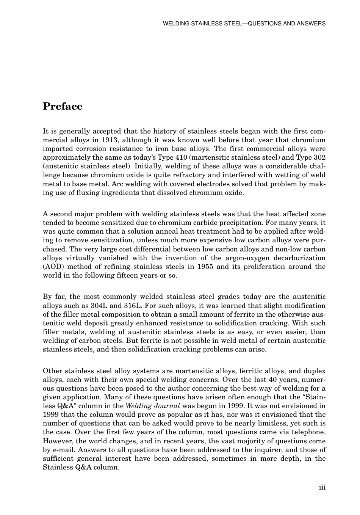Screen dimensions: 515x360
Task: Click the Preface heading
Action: tap(63, 106)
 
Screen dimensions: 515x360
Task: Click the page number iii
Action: tap(322, 487)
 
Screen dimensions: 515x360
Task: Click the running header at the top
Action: tap(244, 24)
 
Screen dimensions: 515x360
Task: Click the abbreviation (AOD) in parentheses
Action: tap(52, 267)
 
